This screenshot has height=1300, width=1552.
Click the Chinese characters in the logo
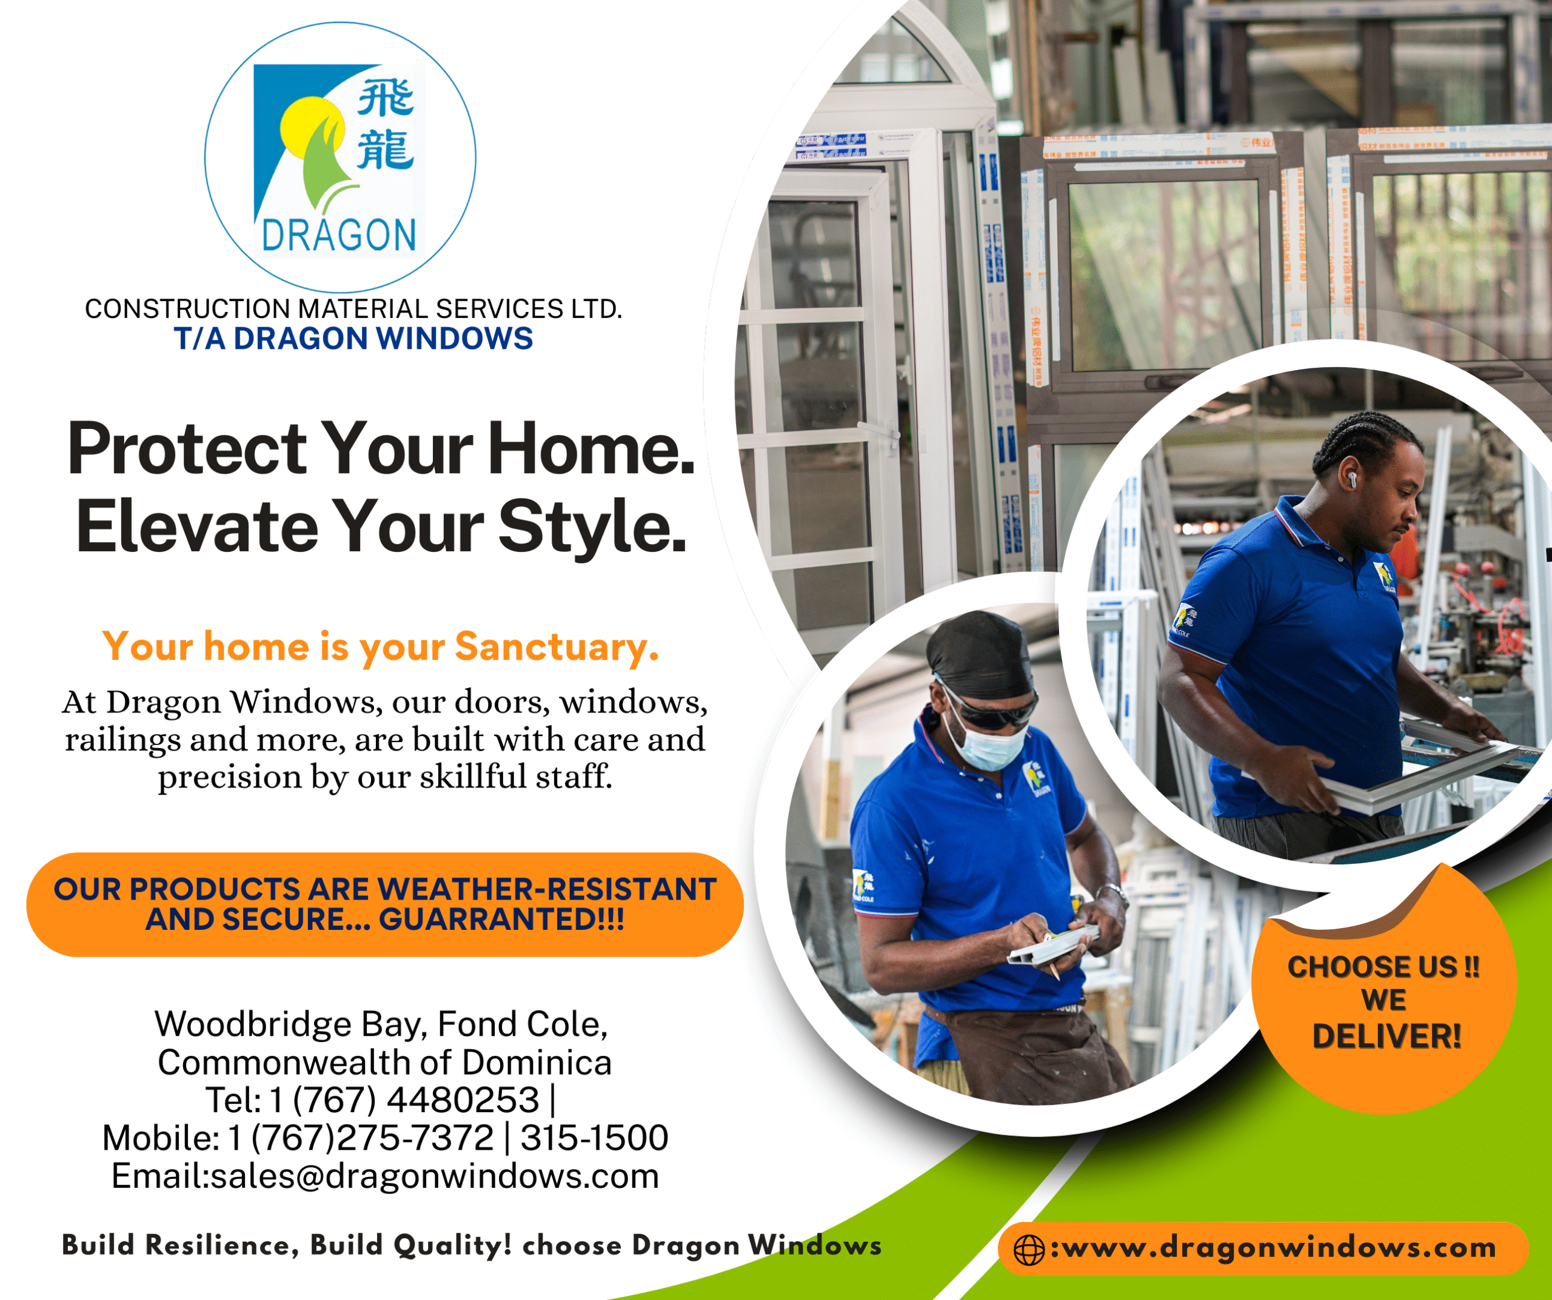(385, 125)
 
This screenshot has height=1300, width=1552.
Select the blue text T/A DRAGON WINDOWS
(353, 338)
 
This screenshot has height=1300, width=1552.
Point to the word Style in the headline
(592, 526)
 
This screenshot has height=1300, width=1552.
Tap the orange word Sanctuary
(557, 646)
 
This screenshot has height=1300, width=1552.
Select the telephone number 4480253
(463, 1100)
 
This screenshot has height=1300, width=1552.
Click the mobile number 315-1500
(594, 1138)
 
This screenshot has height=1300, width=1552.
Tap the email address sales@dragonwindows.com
(435, 1176)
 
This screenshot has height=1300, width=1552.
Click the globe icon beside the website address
(1029, 1250)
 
